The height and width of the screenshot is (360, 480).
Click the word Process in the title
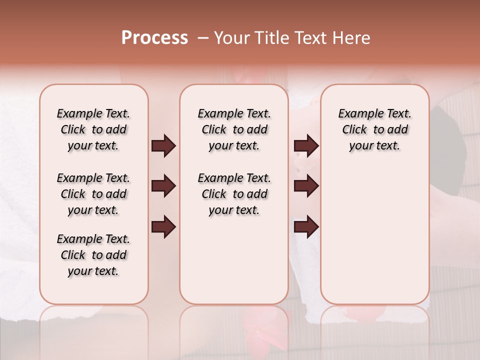(x=154, y=38)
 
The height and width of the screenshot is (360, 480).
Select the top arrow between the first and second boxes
(x=163, y=146)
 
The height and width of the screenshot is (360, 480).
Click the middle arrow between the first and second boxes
(x=163, y=186)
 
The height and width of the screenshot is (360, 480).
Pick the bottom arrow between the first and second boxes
(x=163, y=227)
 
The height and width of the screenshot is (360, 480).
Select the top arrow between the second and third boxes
(x=306, y=146)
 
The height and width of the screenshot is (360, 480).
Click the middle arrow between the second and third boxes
(x=306, y=186)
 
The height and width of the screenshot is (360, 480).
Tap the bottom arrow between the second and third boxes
(x=306, y=227)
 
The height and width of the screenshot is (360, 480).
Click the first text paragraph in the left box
(x=93, y=129)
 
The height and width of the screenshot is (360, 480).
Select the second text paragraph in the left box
(x=93, y=194)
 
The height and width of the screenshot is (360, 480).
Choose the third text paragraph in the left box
(x=93, y=255)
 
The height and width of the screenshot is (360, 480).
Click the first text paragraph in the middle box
(x=234, y=129)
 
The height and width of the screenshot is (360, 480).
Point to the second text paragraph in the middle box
(x=234, y=194)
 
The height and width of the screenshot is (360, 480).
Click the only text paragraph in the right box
(x=374, y=129)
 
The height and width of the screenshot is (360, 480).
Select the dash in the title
(x=202, y=38)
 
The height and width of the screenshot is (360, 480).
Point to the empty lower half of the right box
(x=374, y=240)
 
